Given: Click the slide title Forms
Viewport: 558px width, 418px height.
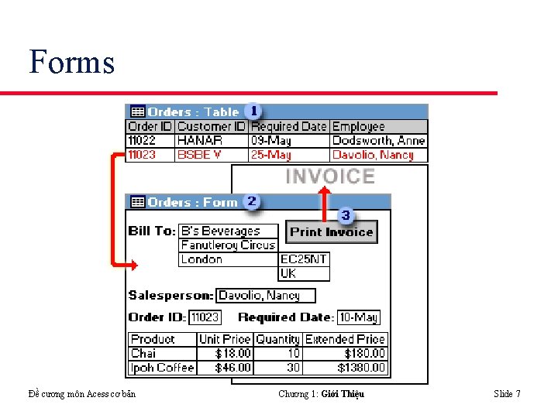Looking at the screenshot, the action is point(71,62).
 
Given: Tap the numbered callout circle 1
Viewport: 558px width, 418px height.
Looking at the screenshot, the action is point(253,111).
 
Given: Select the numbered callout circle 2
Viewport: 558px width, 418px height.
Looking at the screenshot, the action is point(251,202).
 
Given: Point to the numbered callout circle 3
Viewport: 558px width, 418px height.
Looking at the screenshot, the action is point(346,214).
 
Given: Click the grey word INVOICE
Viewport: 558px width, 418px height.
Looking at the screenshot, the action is point(330,176).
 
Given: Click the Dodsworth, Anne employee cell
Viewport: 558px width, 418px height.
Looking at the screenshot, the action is point(378,140).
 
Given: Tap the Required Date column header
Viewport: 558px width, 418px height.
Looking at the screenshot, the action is point(289,126).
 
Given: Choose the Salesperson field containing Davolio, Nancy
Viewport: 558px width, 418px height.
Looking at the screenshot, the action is point(266,295).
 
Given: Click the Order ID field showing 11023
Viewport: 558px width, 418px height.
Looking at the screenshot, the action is point(205,317).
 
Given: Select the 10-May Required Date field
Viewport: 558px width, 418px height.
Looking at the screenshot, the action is point(358,317).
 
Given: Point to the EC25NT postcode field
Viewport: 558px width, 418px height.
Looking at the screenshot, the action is point(304,259).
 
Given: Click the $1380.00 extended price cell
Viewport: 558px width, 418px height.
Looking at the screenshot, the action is point(345,368).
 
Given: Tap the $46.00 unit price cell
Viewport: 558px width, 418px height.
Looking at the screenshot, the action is point(225,368).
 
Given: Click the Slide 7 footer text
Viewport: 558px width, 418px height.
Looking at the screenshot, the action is point(507,394).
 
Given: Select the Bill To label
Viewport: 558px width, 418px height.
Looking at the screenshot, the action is point(152,231).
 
